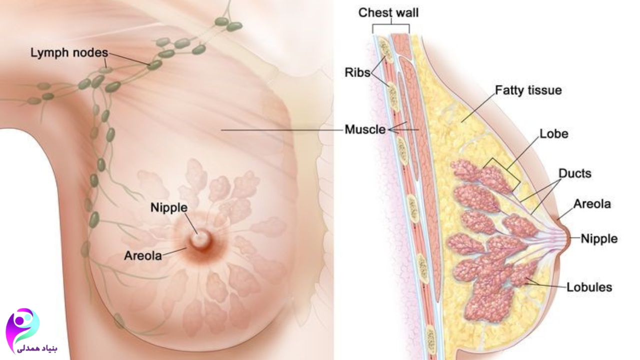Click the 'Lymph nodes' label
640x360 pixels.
[x=68, y=52]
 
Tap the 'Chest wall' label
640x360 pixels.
[x=388, y=13]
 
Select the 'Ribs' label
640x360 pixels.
[x=357, y=72]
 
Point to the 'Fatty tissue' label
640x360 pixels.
[x=528, y=90]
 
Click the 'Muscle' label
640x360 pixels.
[x=365, y=130]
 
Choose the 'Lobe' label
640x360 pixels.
[x=553, y=134]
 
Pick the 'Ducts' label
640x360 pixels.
[x=574, y=173]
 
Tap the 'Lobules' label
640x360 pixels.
[x=589, y=287]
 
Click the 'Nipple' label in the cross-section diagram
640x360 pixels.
[x=599, y=239]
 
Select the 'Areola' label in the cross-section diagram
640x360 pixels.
[x=592, y=204]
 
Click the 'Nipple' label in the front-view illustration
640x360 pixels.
[x=169, y=207]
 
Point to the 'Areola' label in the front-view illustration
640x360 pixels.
[x=143, y=256]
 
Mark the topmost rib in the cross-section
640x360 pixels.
[x=385, y=47]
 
